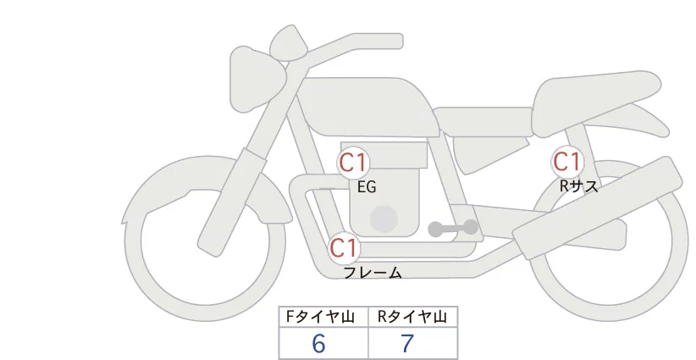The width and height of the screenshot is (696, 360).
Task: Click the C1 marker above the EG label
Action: pos(353,163)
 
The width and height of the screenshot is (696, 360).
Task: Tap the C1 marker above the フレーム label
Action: pos(344,248)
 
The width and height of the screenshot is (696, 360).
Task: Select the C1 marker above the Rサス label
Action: pos(566,162)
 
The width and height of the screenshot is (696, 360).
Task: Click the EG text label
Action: pos(367,187)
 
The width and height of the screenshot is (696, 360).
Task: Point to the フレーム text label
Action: pos(373,273)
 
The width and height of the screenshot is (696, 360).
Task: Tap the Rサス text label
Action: pos(578,186)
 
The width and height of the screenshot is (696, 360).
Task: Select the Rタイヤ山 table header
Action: pos(413,317)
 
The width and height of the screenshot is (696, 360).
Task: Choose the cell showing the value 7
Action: pos(413,343)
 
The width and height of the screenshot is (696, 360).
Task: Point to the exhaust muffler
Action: pos(598,208)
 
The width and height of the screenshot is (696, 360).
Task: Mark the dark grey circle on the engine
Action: pos(384,219)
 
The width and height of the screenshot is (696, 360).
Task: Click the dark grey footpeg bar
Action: pos(453,228)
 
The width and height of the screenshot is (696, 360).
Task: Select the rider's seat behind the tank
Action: pos(483,121)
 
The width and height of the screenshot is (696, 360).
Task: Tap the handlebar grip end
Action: pos(395,42)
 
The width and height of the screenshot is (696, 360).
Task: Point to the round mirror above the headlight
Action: pos(289,42)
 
